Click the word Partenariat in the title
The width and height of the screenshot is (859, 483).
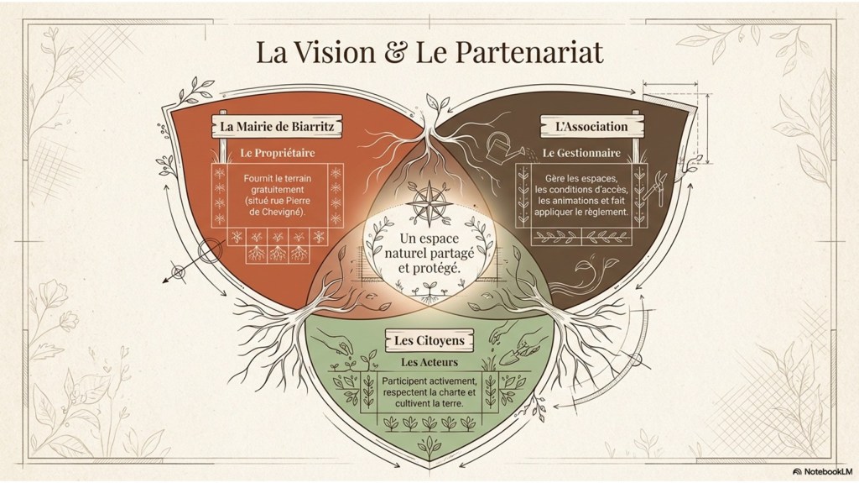[x=531, y=54]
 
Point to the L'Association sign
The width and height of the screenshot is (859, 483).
[x=591, y=127]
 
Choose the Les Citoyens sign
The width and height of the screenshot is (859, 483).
[x=429, y=340]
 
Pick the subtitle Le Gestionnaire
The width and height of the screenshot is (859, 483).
[x=581, y=154]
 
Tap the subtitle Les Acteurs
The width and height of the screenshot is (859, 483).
[x=429, y=362]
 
